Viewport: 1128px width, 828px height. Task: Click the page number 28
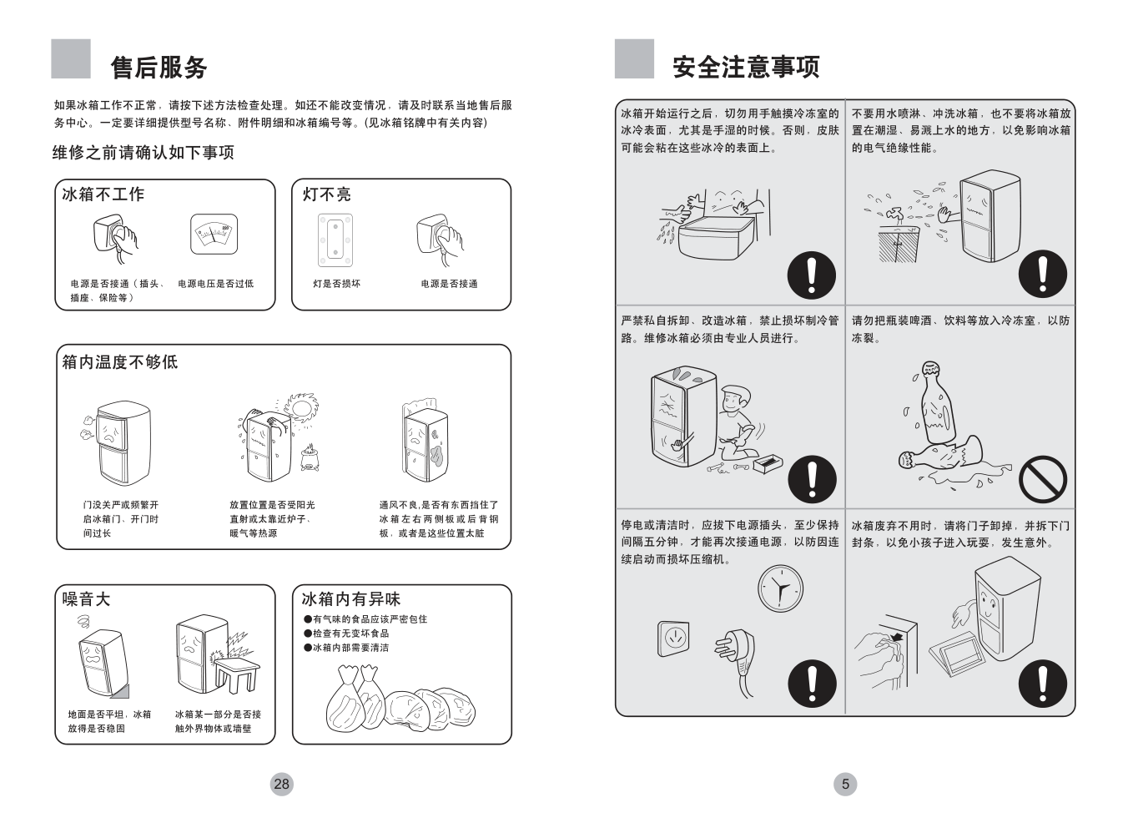coord(281,784)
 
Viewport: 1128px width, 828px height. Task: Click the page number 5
coord(845,784)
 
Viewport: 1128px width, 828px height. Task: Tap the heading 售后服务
coord(159,67)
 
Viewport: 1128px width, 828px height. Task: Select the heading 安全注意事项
coord(746,67)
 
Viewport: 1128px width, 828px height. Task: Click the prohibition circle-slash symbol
coord(1043,480)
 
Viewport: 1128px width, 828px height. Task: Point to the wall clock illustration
coord(780,588)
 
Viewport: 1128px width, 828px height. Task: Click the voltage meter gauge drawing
coord(214,235)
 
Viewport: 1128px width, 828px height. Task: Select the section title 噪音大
coord(87,599)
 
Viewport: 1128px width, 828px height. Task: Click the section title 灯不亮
coord(326,194)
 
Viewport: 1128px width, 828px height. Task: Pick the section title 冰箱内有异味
coord(350,599)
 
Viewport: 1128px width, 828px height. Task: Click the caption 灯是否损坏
coord(337,284)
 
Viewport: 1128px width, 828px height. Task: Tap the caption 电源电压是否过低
coord(215,284)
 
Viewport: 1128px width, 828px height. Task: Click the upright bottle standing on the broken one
coord(934,403)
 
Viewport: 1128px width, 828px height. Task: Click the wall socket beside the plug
coord(673,639)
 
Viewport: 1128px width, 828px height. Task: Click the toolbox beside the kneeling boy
coord(768,462)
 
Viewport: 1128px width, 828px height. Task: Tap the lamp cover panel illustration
coord(336,240)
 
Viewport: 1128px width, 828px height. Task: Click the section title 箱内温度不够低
coord(120,362)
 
